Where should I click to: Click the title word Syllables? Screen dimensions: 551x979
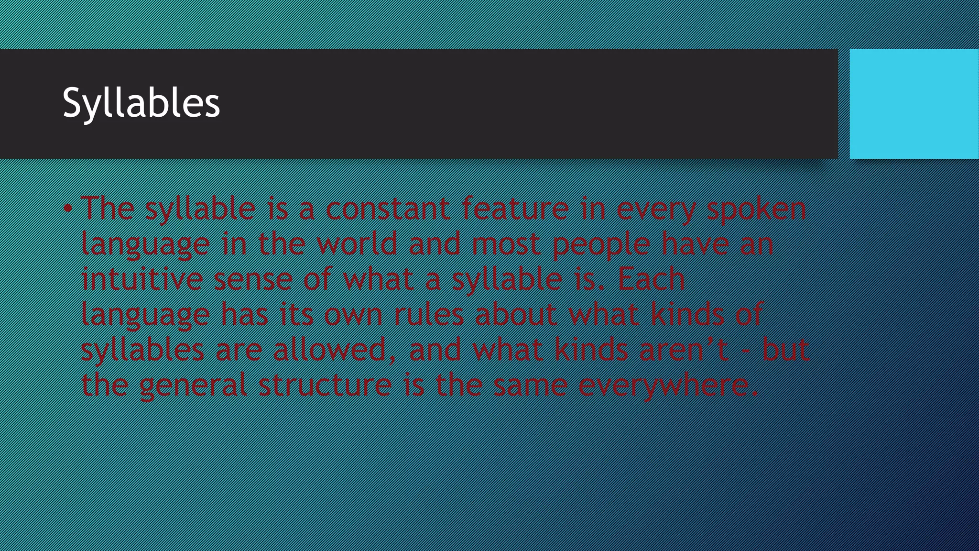pyautogui.click(x=141, y=102)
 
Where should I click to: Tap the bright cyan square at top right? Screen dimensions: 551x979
pyautogui.click(x=914, y=103)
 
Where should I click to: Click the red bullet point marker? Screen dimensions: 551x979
pyautogui.click(x=68, y=209)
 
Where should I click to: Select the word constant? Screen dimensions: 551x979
pyautogui.click(x=388, y=209)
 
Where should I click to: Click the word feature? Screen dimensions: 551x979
pyautogui.click(x=515, y=209)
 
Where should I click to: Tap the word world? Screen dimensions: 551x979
pyautogui.click(x=357, y=244)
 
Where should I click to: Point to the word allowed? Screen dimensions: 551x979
pyautogui.click(x=329, y=350)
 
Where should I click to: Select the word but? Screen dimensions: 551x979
pyautogui.click(x=785, y=350)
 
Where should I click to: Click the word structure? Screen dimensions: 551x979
pyautogui.click(x=325, y=386)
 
